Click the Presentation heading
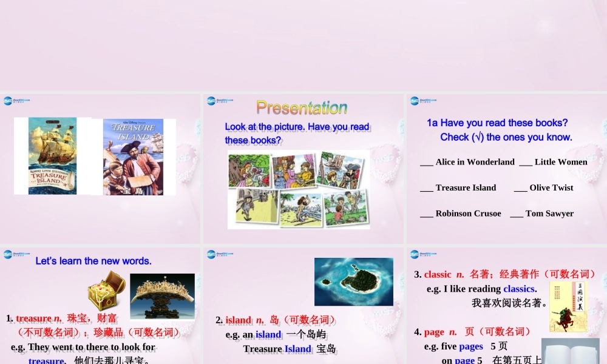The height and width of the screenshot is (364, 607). [302, 108]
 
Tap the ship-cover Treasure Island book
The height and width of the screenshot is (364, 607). [52, 156]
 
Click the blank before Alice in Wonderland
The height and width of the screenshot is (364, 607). [426, 163]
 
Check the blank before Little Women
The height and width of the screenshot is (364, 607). [526, 163]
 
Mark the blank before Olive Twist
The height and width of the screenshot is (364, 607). [520, 188]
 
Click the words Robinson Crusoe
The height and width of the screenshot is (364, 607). [468, 214]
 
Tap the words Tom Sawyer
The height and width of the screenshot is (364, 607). [549, 214]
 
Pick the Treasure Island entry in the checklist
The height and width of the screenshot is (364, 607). [466, 188]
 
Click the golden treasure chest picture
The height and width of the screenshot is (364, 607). [106, 291]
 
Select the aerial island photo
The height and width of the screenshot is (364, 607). [353, 281]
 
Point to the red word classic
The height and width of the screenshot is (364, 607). [438, 274]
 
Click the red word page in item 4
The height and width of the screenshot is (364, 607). [434, 332]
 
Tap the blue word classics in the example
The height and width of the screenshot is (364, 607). [519, 289]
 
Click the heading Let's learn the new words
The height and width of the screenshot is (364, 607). [93, 261]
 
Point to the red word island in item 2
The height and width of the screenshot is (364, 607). [239, 320]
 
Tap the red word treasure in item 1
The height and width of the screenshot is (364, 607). [33, 318]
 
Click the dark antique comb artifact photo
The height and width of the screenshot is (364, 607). [162, 296]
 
